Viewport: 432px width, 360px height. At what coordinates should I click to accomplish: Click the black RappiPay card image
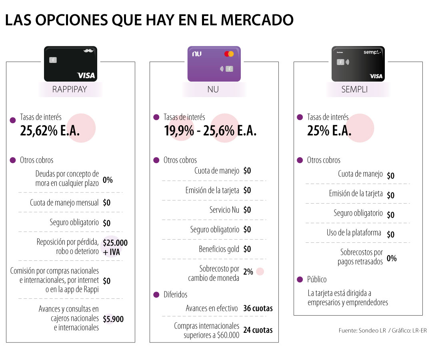click(x=70, y=64)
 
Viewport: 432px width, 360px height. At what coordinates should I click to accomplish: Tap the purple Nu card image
click(x=214, y=64)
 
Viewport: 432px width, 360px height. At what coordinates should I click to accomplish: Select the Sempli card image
click(x=358, y=64)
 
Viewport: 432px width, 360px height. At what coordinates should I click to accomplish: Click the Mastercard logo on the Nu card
click(x=229, y=54)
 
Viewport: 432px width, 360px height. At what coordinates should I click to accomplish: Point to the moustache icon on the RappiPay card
click(x=88, y=51)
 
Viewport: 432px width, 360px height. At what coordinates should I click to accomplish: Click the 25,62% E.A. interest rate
click(x=50, y=131)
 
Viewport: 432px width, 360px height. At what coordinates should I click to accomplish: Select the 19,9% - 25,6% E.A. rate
click(x=210, y=131)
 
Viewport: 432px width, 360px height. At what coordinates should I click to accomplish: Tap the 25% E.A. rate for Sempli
click(x=329, y=131)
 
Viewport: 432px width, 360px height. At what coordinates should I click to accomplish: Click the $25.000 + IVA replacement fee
click(x=115, y=247)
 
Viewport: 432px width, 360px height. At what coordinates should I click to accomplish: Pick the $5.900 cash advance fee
click(x=113, y=319)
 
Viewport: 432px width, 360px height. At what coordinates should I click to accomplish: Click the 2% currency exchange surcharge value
click(x=248, y=272)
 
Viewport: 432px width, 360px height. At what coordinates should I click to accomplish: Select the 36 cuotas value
click(x=258, y=308)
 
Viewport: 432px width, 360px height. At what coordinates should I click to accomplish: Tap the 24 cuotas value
click(x=258, y=330)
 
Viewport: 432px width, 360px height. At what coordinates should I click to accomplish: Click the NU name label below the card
click(x=213, y=90)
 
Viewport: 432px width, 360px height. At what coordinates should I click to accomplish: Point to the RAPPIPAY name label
click(x=70, y=90)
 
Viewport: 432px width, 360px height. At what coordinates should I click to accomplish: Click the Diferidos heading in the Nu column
click(x=175, y=295)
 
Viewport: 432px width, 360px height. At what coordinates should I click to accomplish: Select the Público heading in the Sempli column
click(x=317, y=280)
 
